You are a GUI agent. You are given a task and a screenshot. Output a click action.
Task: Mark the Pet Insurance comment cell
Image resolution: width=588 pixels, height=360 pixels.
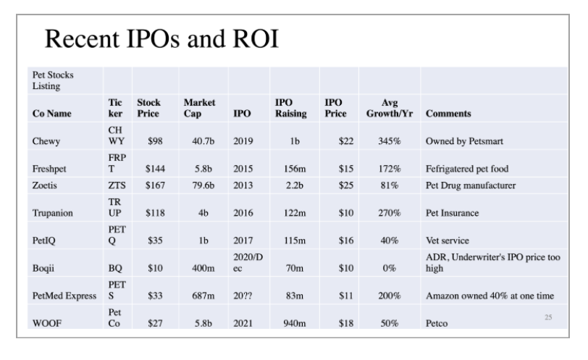click(453, 214)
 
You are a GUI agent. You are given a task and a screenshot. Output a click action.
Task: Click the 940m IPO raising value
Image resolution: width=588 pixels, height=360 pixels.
click(292, 322)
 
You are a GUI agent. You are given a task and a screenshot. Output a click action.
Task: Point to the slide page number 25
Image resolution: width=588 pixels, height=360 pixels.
click(548, 315)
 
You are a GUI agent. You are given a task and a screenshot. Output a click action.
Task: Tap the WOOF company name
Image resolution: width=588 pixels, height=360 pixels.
click(48, 322)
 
